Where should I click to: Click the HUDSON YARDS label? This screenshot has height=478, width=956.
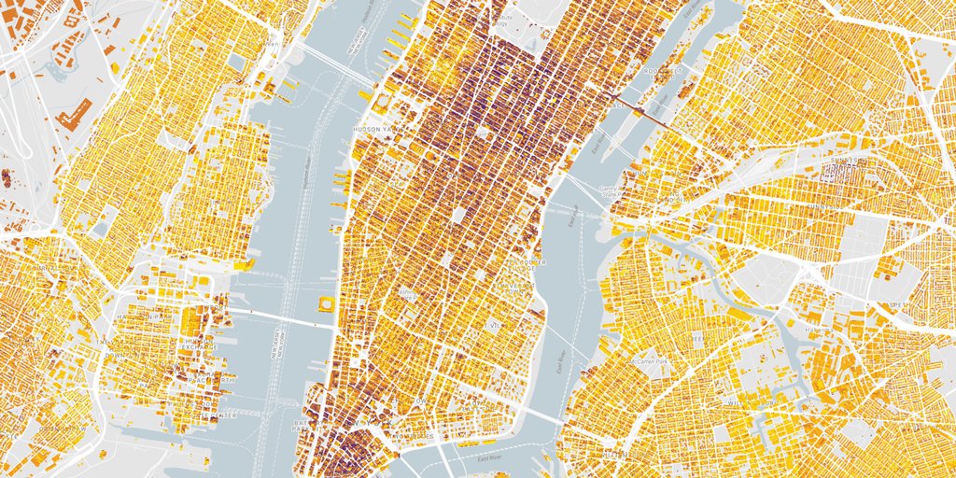point(373,130)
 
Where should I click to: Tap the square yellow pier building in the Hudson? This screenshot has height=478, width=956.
point(326,303)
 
